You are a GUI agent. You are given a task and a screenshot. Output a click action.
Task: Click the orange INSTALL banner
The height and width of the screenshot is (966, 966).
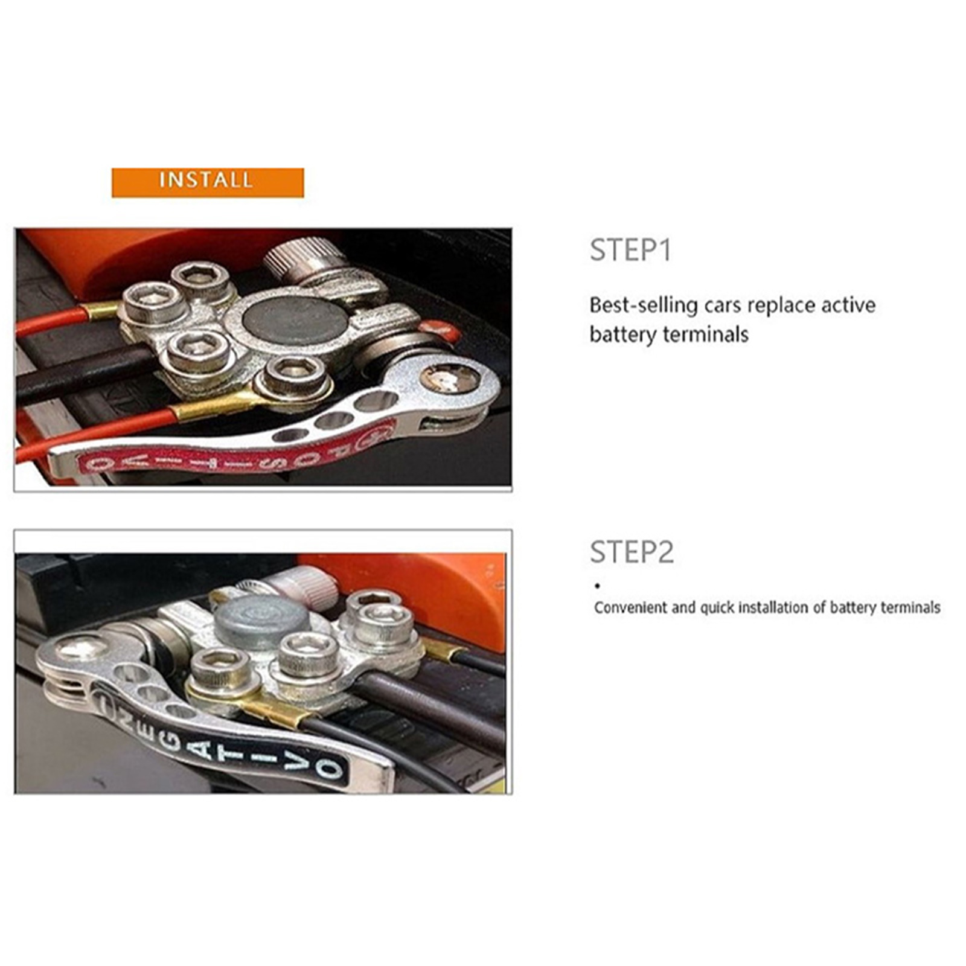coord(208,182)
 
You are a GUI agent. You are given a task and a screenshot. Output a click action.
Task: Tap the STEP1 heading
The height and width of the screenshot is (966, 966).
coord(630,250)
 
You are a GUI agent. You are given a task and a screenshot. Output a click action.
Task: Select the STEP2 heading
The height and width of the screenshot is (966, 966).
coord(632,552)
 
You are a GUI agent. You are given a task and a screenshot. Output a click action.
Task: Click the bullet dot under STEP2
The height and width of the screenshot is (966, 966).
coord(597,586)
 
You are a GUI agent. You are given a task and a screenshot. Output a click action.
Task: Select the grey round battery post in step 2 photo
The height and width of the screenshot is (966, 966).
coord(261,620)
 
